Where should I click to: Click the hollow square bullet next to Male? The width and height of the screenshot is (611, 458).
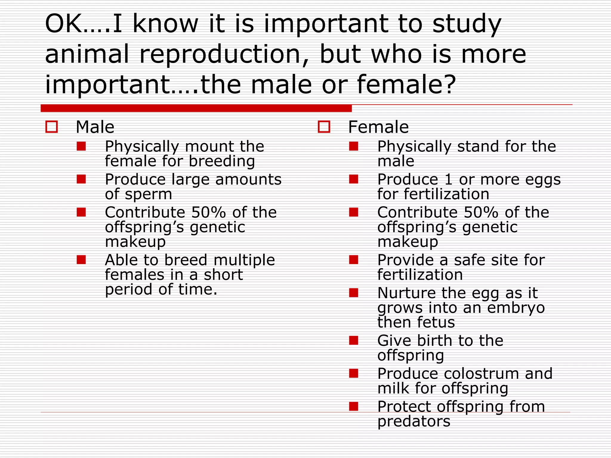tap(52, 127)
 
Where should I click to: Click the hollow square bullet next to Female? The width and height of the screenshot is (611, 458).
tap(324, 127)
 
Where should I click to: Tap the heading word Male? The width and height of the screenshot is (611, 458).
tap(95, 127)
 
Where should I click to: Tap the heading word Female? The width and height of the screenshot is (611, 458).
tap(378, 127)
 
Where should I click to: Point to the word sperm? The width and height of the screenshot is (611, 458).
tap(148, 194)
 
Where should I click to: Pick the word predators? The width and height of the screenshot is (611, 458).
tap(413, 422)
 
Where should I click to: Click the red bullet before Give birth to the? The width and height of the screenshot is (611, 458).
tap(354, 340)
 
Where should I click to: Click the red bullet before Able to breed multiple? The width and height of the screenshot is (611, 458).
tap(81, 260)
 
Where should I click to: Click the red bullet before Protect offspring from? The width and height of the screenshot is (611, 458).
tap(354, 406)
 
